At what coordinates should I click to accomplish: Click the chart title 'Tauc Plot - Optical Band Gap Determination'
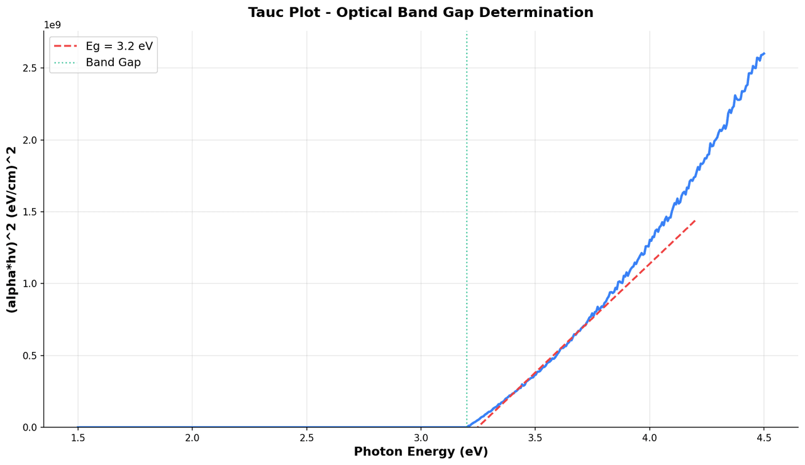pos(420,13)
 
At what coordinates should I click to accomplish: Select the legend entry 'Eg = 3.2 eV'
pos(119,46)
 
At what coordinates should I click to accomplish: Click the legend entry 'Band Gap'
pos(113,63)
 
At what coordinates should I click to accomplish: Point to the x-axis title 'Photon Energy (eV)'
pos(420,452)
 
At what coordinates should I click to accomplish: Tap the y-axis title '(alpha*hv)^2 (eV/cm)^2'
pos(12,229)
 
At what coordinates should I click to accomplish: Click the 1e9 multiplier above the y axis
pos(52,25)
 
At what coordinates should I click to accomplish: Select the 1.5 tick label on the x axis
pos(78,437)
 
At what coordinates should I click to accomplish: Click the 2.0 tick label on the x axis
pos(192,437)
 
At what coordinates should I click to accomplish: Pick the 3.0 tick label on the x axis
pos(421,437)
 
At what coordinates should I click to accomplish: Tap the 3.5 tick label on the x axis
pos(535,437)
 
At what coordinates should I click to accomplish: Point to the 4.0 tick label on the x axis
pos(650,437)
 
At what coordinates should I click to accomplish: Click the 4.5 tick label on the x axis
pos(763,437)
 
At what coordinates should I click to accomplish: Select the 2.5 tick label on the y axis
pos(30,68)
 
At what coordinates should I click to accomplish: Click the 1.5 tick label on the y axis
pos(30,212)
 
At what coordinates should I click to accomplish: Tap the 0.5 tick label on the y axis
pos(30,356)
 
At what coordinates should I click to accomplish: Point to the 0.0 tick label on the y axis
pos(30,427)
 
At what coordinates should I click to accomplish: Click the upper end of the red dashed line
pos(695,220)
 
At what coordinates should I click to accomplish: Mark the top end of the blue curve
pos(763,53)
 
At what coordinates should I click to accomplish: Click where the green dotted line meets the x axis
pos(467,427)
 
